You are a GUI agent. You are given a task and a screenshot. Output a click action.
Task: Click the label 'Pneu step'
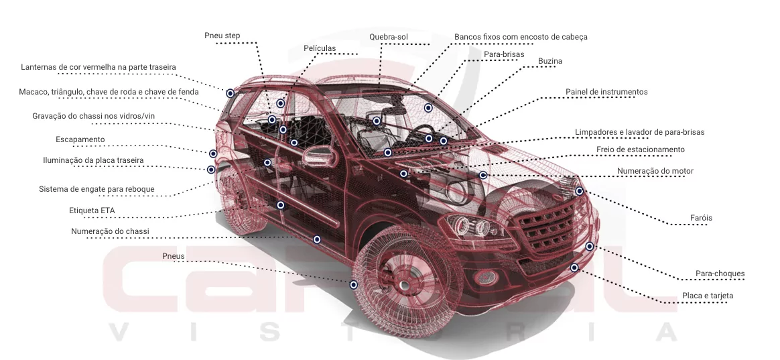[222, 36]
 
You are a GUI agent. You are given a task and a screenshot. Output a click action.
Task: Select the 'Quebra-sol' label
[389, 37]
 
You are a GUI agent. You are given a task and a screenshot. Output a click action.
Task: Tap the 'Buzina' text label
[549, 61]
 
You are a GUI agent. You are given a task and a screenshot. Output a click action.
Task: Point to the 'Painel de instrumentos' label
[606, 92]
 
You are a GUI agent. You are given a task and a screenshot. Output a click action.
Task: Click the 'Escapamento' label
[80, 139]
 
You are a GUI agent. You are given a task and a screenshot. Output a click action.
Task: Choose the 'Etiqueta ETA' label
[92, 211]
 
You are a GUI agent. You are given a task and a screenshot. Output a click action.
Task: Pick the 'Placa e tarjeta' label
[708, 296]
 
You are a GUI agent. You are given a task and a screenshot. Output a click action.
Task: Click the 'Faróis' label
[701, 218]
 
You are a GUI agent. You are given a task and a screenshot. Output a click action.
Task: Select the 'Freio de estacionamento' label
[641, 149]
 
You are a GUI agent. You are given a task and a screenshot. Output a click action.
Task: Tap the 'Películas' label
[320, 48]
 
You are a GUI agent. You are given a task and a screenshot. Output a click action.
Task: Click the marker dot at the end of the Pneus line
[354, 285]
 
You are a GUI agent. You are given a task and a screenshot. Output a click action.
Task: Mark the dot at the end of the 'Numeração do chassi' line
[317, 239]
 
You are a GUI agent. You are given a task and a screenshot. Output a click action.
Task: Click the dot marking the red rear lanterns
[230, 93]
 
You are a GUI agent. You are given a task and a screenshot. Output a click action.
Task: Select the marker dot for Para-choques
[590, 247]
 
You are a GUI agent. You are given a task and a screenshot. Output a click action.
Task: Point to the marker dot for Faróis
[580, 191]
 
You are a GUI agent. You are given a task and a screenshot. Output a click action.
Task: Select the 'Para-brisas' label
[504, 54]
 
